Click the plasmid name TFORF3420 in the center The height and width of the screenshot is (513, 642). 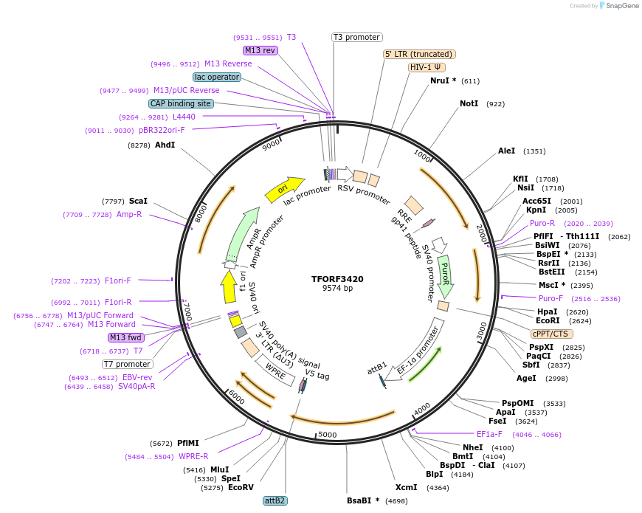tap(337, 279)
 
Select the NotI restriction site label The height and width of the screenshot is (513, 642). tap(469, 104)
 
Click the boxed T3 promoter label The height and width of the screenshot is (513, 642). tap(356, 37)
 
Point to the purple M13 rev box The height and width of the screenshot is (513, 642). tap(260, 50)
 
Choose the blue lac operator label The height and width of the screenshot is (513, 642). tap(217, 77)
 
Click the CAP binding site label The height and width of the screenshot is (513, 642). tap(181, 103)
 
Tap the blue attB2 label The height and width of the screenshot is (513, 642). tap(275, 500)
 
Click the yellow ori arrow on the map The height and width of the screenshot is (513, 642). tap(285, 189)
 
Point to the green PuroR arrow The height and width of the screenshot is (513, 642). tap(445, 271)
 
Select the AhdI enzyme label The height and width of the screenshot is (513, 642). tap(165, 145)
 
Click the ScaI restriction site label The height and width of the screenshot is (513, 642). tap(138, 201)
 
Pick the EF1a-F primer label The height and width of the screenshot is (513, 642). tap(489, 434)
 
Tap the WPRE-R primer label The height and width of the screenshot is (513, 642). tap(193, 456)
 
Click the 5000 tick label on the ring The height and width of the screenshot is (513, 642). tap(327, 435)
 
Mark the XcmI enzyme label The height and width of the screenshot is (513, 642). tap(406, 487)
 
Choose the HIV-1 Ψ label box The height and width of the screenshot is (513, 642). tap(427, 67)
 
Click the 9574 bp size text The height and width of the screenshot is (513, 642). tap(337, 289)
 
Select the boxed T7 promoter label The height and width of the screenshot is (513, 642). tap(127, 364)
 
